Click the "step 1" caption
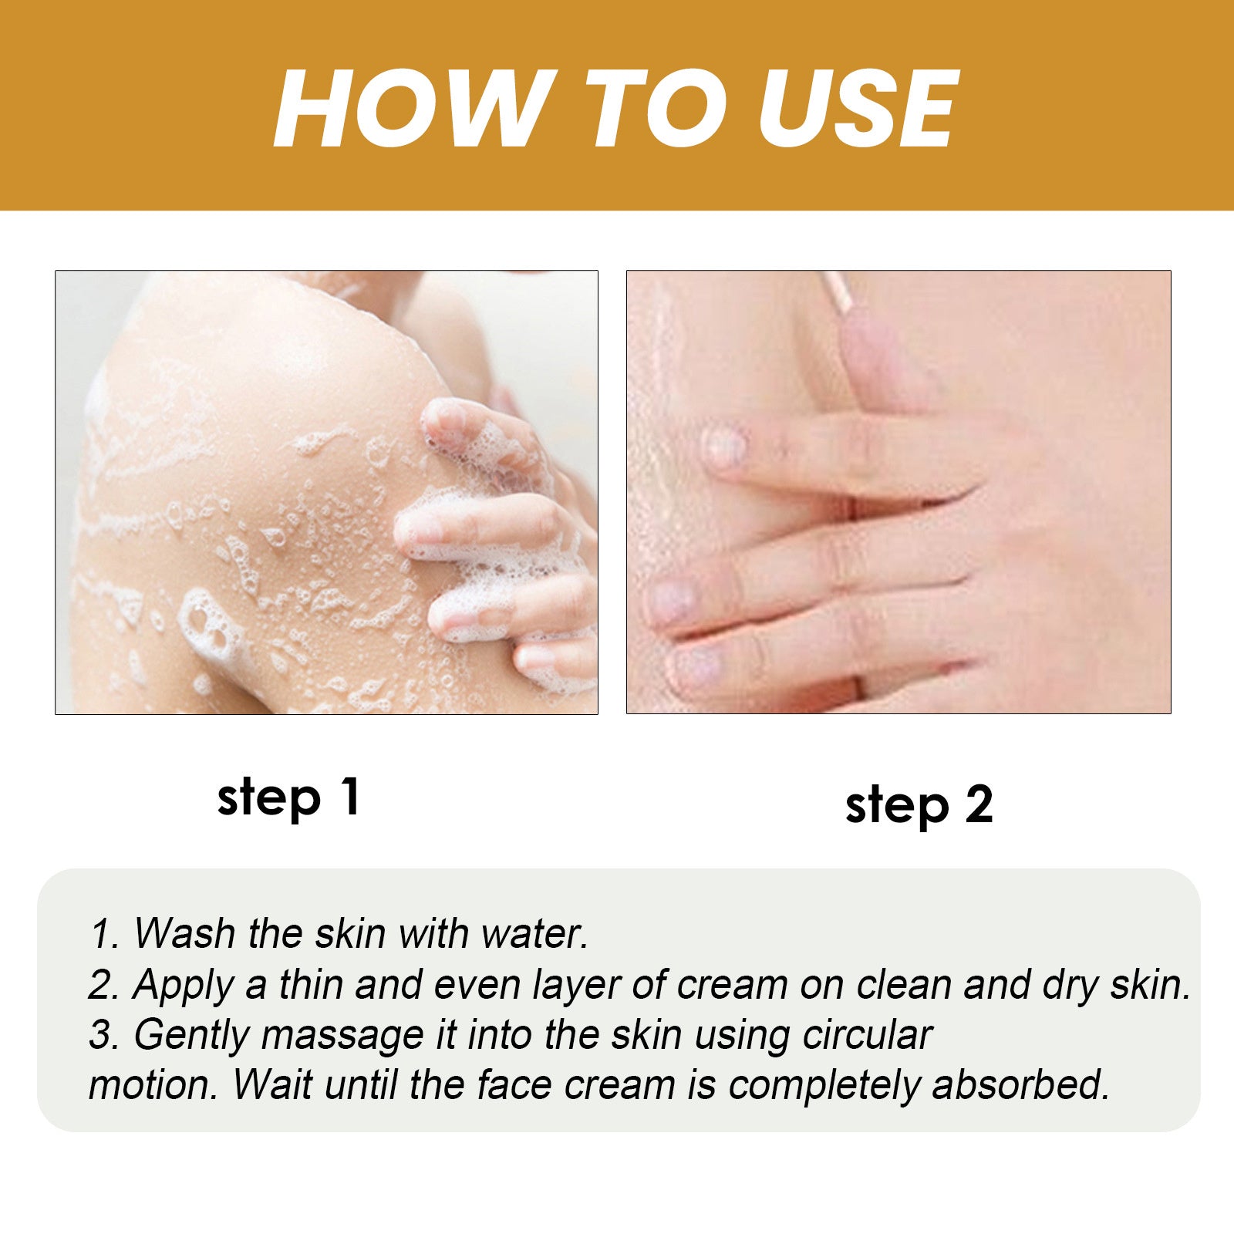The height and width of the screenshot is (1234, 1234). click(x=288, y=797)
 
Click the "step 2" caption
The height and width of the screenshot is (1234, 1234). click(x=919, y=805)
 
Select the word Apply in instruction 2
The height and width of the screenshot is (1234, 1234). click(x=182, y=985)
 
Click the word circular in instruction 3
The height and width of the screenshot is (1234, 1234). click(x=867, y=1035)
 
